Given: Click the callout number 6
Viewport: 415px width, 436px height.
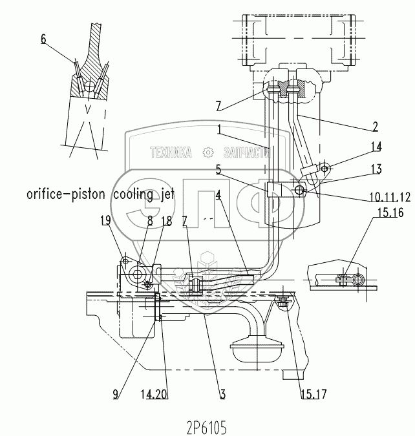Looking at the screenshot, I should click(43, 39).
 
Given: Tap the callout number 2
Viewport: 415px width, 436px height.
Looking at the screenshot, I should click(376, 125).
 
